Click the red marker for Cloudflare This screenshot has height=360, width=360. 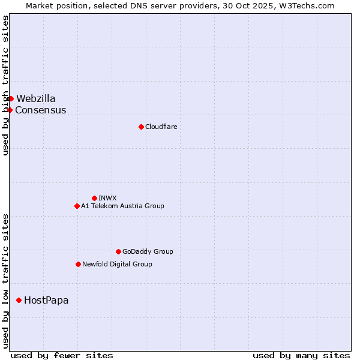[141, 127]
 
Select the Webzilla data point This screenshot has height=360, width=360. [11, 98]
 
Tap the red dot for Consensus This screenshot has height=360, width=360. [10, 110]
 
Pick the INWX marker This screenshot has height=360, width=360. [94, 198]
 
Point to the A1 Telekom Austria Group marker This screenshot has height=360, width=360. [77, 206]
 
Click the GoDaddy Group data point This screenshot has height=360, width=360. [118, 251]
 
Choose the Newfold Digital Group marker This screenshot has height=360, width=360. [78, 264]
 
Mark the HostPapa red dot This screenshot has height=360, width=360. [19, 300]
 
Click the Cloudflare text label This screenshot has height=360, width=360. [161, 127]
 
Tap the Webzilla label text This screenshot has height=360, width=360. [35, 98]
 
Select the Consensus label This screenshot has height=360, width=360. [40, 110]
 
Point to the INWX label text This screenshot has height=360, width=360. [107, 198]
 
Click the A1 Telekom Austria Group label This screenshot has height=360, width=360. [122, 206]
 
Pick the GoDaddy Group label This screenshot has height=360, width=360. [148, 251]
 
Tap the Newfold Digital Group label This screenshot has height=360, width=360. [117, 264]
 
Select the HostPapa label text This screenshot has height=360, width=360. [46, 300]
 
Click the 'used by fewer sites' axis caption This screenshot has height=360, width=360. [62, 355]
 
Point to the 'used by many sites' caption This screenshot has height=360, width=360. [301, 355]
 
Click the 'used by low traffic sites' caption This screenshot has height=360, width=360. [6, 280]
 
